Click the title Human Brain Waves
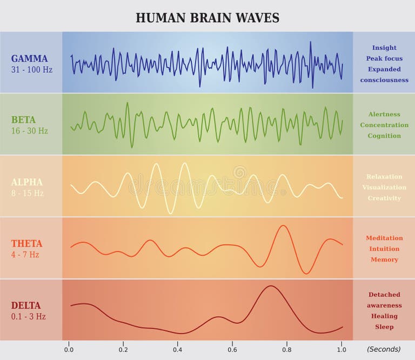pos(207,18)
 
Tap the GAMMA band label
pos(29,59)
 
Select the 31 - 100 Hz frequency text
pos(32,70)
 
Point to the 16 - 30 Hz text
pos(29,131)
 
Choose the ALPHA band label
pos(27,182)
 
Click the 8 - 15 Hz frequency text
pos(28,193)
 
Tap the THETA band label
pos(26,244)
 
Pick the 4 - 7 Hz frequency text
pos(25,255)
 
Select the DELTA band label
pos(26,305)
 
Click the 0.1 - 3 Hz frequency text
pos(29,317)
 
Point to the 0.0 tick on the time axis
pos(69,349)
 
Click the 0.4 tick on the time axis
pos(178,349)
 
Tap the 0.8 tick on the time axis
pos(286,349)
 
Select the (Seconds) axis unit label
pos(384,349)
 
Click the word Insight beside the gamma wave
pos(384,48)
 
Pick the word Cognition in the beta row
pos(384,136)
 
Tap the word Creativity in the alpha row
pos(384,198)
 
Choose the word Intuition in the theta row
pos(384,249)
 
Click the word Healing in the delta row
pos(384,316)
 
